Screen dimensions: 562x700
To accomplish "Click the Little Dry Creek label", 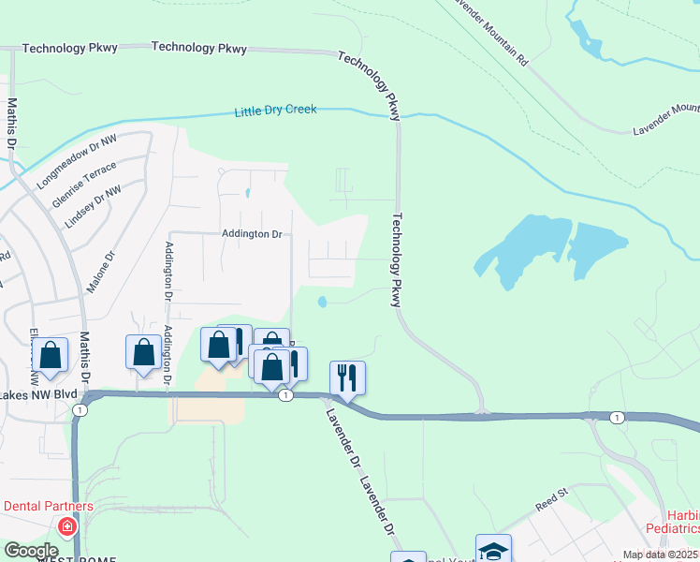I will coord(275,111).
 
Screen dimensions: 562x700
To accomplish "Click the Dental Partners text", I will coord(48,506).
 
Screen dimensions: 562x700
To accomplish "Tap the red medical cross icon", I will coord(66,526).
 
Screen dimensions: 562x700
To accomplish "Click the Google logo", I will coord(30,551).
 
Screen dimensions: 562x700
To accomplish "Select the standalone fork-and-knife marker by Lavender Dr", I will coord(347,377).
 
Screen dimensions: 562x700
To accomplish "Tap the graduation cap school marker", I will coord(493,550).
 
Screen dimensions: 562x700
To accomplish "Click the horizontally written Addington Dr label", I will coord(252,234).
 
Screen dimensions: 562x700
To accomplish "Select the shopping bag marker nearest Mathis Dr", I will coord(51,354).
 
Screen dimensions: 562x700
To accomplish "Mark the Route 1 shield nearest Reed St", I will coord(616,416).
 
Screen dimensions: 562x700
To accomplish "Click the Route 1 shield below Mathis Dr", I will coord(81,410).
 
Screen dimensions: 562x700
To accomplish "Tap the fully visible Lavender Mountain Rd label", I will coord(490,31).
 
